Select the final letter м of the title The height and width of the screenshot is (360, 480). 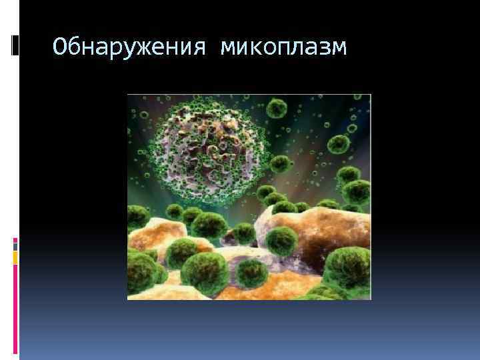(339, 48)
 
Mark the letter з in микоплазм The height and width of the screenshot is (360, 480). (324, 48)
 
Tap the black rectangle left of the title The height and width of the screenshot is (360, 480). (16, 45)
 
